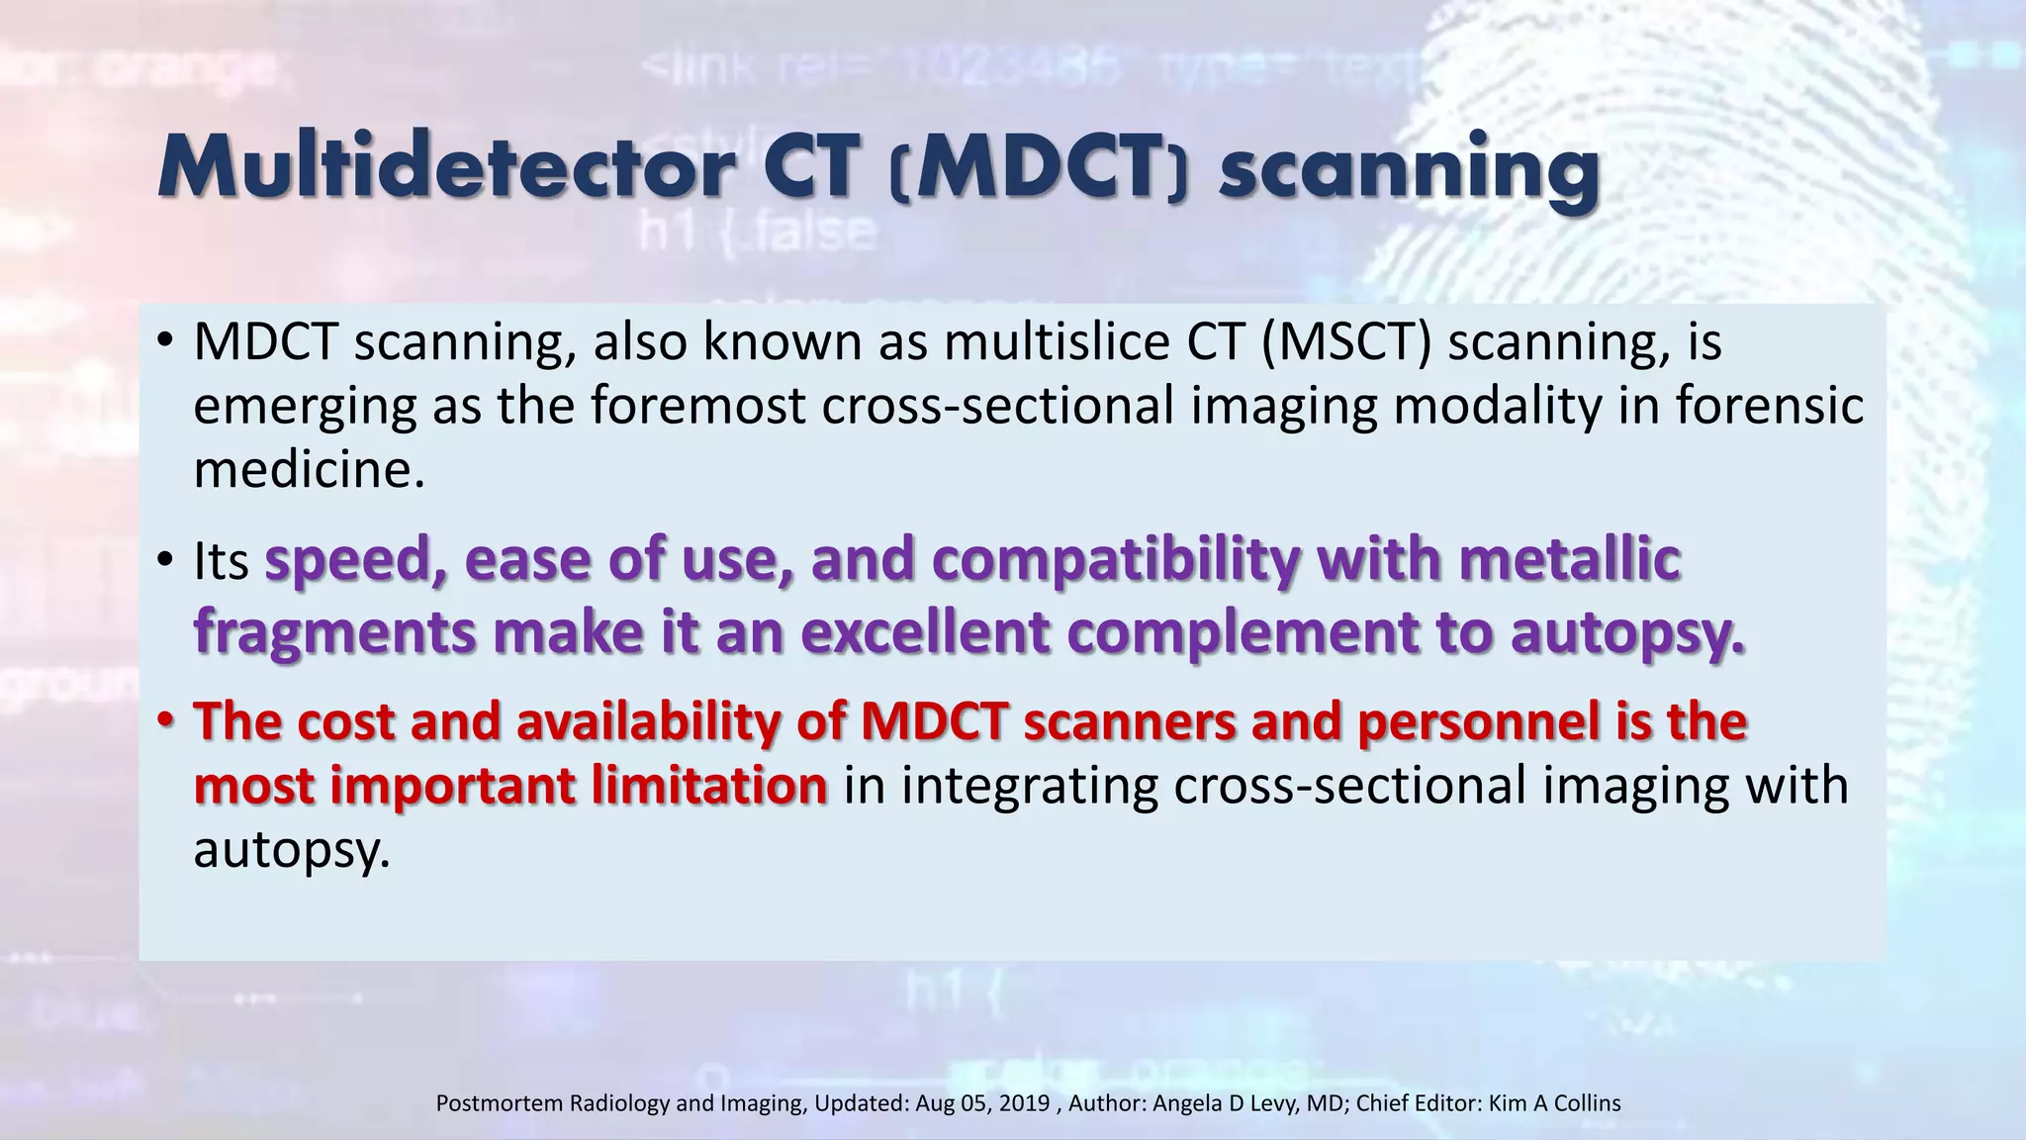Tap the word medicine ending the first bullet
[308, 468]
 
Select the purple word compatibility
[1116, 560]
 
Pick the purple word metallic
[1569, 560]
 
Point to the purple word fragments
[334, 632]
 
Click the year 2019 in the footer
[1024, 1103]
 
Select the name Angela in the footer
[1187, 1103]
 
